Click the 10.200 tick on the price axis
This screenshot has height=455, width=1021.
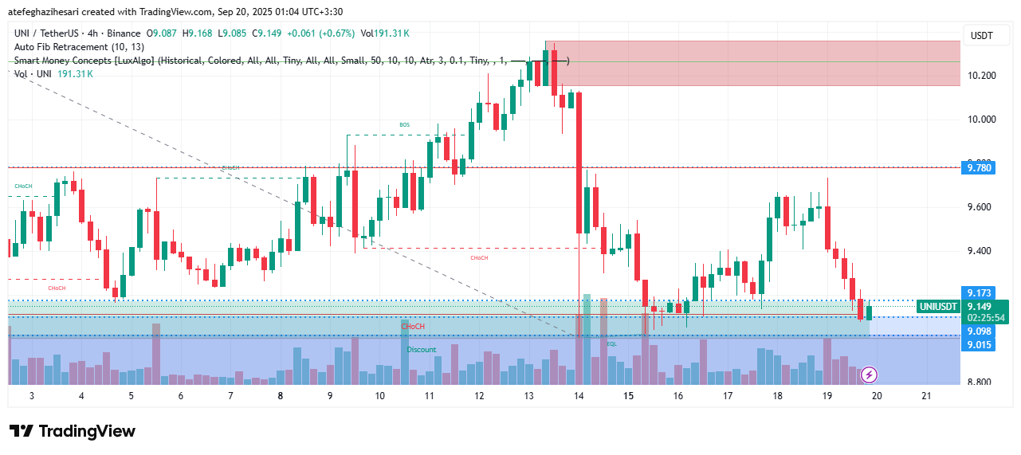pyautogui.click(x=981, y=76)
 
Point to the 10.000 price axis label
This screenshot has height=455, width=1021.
pyautogui.click(x=981, y=120)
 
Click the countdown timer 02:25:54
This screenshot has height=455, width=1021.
pyautogui.click(x=987, y=317)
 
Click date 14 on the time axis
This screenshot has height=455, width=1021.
pyautogui.click(x=579, y=396)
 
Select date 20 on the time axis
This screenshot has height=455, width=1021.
pyautogui.click(x=876, y=396)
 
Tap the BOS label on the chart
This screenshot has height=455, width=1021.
pyautogui.click(x=404, y=125)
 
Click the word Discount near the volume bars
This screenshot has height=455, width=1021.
pyautogui.click(x=421, y=350)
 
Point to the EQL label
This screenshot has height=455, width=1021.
pyautogui.click(x=611, y=343)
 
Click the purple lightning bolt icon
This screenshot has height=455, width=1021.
pyautogui.click(x=870, y=374)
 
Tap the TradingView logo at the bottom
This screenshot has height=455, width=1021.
pyautogui.click(x=73, y=431)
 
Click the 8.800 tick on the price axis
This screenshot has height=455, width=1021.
pyautogui.click(x=981, y=382)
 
